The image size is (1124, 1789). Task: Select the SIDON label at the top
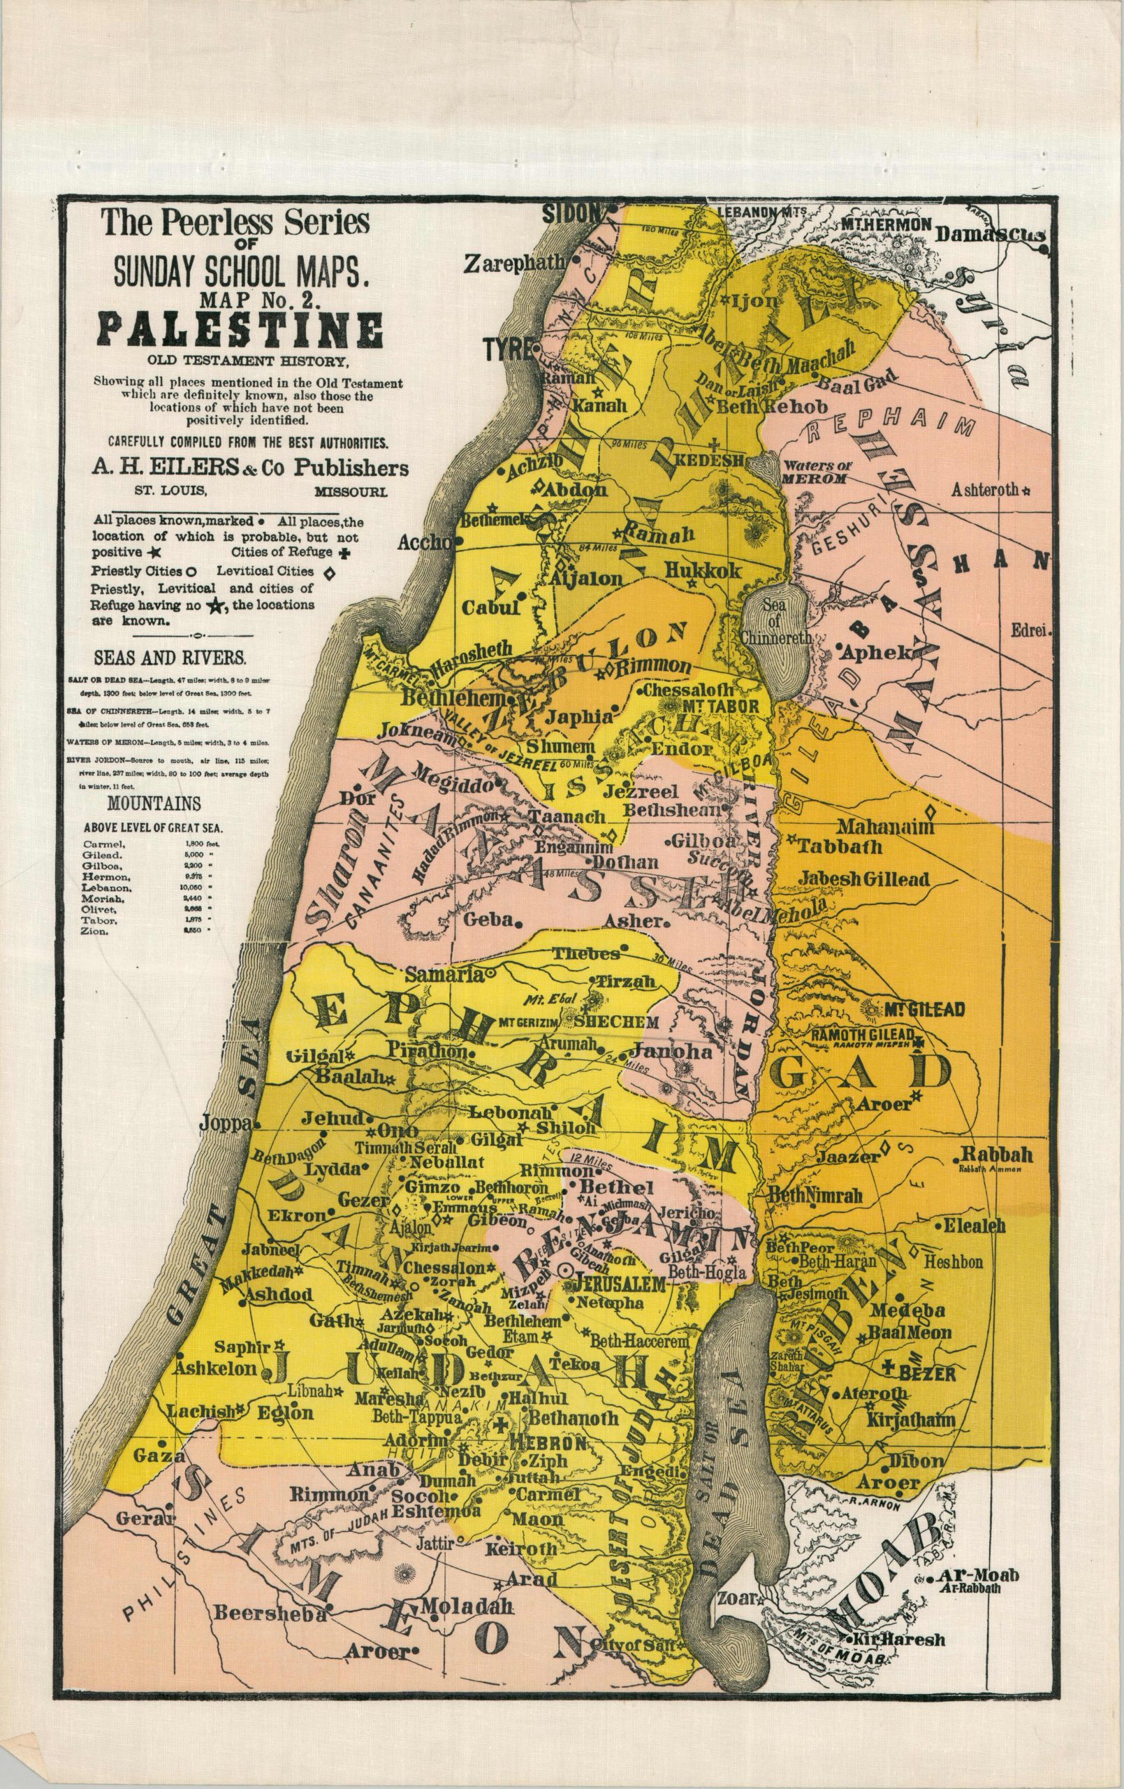coord(571,213)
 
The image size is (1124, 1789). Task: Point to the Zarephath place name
coord(515,263)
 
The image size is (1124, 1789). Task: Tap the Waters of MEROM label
coord(816,472)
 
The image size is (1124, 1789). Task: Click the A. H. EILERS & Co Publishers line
coord(249,468)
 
